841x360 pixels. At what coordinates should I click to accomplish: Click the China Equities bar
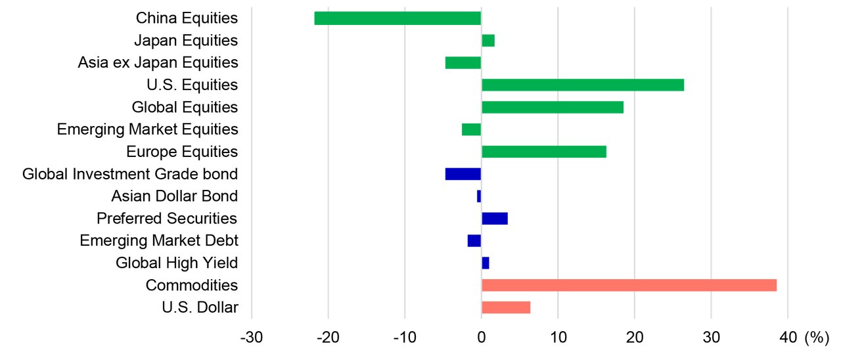[x=398, y=18]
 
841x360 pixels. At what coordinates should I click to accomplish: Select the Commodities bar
[x=629, y=285]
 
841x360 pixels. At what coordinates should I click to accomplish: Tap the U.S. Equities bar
[x=582, y=85]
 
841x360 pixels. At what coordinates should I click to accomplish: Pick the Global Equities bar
[x=552, y=107]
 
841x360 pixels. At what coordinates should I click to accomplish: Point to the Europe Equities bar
[x=543, y=152]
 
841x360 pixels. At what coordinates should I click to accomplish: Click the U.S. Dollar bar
[x=505, y=307]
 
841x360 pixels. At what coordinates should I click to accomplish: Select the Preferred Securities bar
[x=494, y=219]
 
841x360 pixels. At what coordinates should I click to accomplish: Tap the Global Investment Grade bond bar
[x=463, y=174]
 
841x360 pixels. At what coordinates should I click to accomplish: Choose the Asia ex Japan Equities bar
[x=463, y=63]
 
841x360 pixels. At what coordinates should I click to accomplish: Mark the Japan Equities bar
[x=488, y=41]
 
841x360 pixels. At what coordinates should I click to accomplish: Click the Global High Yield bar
[x=485, y=263]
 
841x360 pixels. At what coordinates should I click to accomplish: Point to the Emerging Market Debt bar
[x=474, y=241]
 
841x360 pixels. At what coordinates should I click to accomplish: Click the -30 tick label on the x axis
[x=252, y=338]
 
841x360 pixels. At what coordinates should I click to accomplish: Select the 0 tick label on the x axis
[x=481, y=338]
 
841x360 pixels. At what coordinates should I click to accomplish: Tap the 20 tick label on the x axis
[x=634, y=338]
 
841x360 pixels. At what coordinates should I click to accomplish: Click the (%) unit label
[x=817, y=338]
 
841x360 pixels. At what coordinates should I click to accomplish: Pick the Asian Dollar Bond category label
[x=174, y=196]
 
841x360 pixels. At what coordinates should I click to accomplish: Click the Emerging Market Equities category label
[x=147, y=129]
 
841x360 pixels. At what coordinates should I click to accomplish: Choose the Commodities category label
[x=192, y=285]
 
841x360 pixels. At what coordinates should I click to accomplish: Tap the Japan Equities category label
[x=185, y=41]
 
